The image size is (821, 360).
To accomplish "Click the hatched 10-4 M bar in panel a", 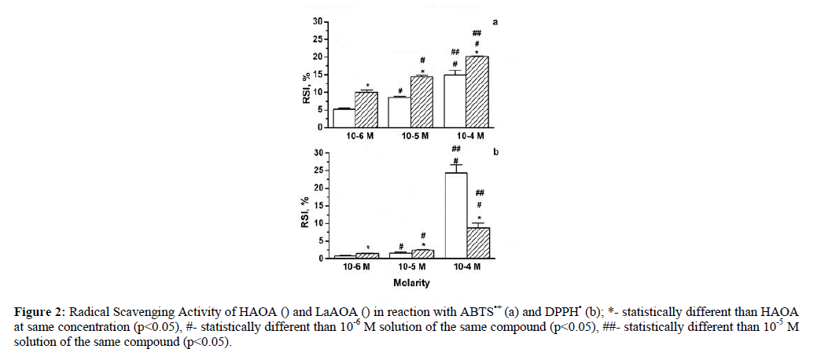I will coord(478,92).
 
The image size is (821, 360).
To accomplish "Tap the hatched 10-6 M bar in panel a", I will coord(366,109).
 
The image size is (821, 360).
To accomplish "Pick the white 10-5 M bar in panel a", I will coord(400,112).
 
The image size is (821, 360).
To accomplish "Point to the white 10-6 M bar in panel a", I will coord(344,118).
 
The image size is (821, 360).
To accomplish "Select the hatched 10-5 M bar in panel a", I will coord(422,101).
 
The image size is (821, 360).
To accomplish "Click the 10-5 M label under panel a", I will coord(411,136).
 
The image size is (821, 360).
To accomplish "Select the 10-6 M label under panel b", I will coord(355,267).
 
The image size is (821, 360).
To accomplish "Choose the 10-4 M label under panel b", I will coord(467,267).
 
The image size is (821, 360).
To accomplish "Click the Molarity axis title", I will coord(411,281).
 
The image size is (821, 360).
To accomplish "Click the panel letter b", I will coord(495,152).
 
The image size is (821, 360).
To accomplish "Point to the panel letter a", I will coord(495,21).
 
